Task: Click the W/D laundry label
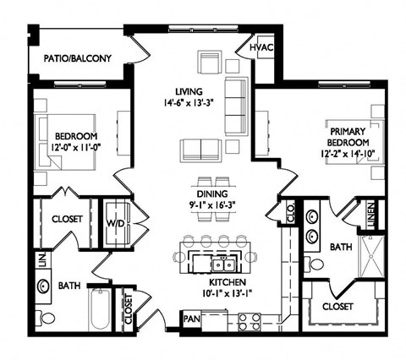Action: pyautogui.click(x=114, y=223)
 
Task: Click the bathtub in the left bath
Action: pyautogui.click(x=96, y=307)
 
